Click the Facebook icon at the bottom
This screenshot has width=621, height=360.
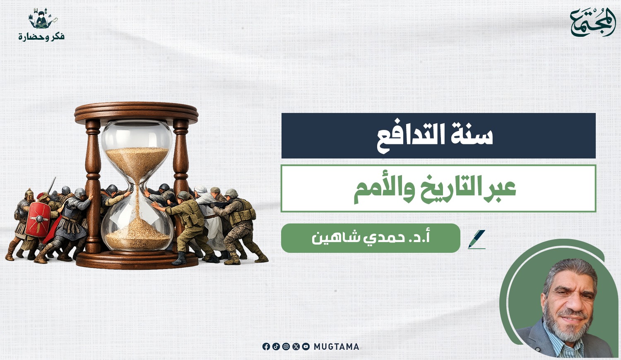pos(266,346)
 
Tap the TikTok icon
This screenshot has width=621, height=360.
pos(276,346)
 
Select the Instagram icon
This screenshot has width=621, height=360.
pos(286,346)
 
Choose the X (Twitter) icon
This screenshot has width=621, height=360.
pos(296,346)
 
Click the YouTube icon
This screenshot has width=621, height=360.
pos(306,346)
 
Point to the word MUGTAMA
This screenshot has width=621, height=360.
pos(336,347)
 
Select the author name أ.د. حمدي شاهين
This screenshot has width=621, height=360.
pos(371,238)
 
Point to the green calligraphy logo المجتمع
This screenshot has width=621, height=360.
pos(593,23)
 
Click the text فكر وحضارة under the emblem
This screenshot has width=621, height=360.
pos(41,36)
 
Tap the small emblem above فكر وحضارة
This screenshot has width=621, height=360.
pos(42,19)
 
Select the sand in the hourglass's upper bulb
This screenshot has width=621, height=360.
pos(137,160)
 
